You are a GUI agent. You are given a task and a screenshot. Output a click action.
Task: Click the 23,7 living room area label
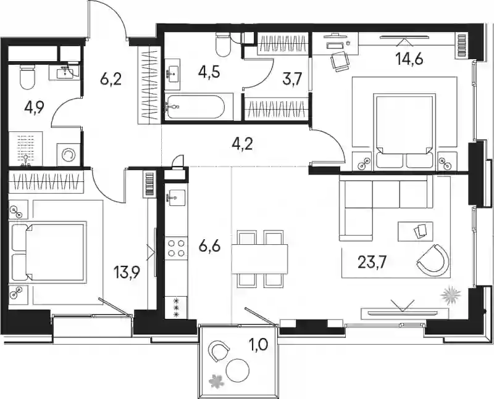click(x=372, y=262)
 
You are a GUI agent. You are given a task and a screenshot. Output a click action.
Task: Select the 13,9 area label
click(x=127, y=271)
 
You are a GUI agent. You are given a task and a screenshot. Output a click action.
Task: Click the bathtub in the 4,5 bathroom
click(x=195, y=107)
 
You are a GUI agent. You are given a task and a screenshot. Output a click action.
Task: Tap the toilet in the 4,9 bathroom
click(x=27, y=76)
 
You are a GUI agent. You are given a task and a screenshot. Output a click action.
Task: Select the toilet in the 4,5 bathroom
click(x=224, y=43)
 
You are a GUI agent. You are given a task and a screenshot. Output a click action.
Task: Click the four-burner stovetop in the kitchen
click(x=177, y=249)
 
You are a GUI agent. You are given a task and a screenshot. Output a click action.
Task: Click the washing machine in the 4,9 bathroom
click(x=69, y=155)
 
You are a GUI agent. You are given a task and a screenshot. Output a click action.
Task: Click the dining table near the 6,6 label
click(x=259, y=259)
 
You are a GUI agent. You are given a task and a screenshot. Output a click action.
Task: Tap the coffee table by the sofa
click(x=415, y=231)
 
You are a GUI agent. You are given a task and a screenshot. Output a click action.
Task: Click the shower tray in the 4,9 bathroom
click(x=25, y=149)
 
